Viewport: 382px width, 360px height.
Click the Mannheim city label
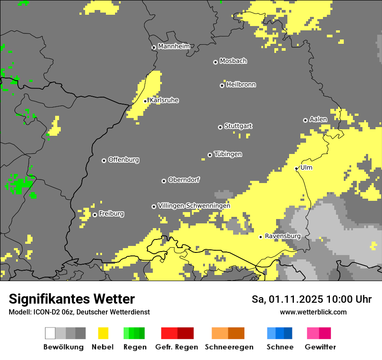174,46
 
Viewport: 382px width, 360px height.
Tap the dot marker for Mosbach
215,62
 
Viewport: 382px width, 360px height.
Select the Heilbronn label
241,85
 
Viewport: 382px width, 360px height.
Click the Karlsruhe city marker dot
145,101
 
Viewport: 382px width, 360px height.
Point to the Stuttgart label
238,126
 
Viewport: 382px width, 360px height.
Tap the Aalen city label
318,119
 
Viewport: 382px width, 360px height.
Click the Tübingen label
228,154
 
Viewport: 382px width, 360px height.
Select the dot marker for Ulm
296,168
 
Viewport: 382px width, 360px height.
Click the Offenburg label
123,160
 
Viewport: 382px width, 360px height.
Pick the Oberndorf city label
184,180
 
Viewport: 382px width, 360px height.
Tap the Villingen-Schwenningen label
194,206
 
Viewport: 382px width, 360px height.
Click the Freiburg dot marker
95,215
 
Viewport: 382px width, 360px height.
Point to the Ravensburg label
283,236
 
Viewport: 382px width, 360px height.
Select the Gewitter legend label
320,347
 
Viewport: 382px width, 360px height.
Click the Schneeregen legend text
229,347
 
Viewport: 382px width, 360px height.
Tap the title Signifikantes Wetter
72,299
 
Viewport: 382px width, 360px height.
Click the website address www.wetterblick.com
313,312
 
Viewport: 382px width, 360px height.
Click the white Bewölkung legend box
50,333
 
